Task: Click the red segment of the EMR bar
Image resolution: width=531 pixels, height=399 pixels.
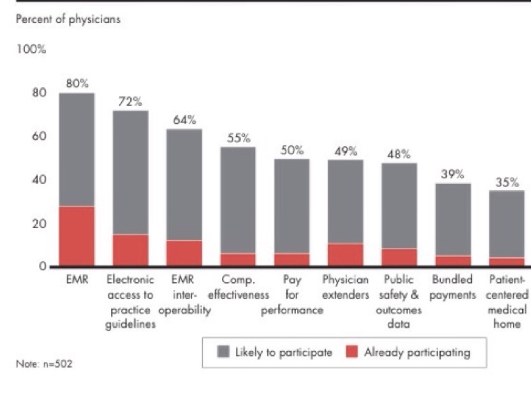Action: click(x=77, y=236)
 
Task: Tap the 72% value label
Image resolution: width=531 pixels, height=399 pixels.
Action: click(x=130, y=101)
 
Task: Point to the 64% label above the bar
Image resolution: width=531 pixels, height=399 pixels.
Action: click(x=185, y=119)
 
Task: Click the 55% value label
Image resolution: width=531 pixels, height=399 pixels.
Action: click(x=239, y=138)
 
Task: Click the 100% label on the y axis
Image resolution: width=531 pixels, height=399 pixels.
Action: click(x=32, y=50)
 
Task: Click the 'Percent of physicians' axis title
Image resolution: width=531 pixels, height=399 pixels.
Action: click(x=68, y=20)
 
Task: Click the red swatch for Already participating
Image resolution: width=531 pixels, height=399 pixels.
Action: click(x=353, y=352)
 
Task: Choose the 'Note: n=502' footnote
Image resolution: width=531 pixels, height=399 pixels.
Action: click(x=44, y=364)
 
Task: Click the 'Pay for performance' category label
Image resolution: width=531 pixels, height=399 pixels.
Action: click(x=292, y=295)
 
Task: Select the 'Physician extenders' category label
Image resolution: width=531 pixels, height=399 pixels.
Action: click(x=346, y=287)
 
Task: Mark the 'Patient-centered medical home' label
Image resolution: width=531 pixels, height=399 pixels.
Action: click(x=507, y=302)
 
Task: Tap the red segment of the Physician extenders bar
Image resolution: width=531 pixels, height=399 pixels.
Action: click(x=345, y=255)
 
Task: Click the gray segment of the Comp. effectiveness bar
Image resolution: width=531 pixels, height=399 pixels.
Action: click(x=238, y=200)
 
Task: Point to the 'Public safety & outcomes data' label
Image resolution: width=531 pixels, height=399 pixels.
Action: click(x=399, y=302)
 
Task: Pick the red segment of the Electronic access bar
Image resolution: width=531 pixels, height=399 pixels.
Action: click(x=130, y=250)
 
